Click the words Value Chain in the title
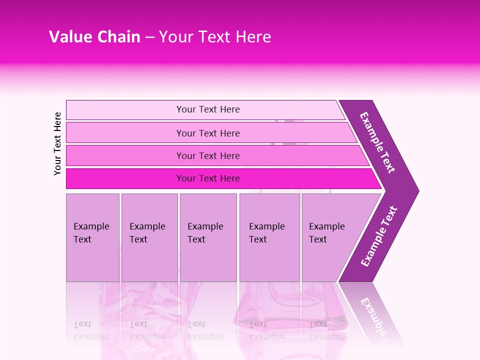pyautogui.click(x=94, y=37)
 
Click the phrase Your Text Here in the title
pyautogui.click(x=215, y=37)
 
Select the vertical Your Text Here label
pyautogui.click(x=57, y=143)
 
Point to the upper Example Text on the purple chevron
pyautogui.click(x=377, y=142)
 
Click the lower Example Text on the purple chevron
pyautogui.click(x=379, y=236)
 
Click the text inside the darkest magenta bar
pyautogui.click(x=208, y=178)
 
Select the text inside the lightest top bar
pyautogui.click(x=208, y=109)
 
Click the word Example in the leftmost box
pyautogui.click(x=91, y=226)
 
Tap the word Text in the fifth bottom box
pyautogui.click(x=317, y=239)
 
